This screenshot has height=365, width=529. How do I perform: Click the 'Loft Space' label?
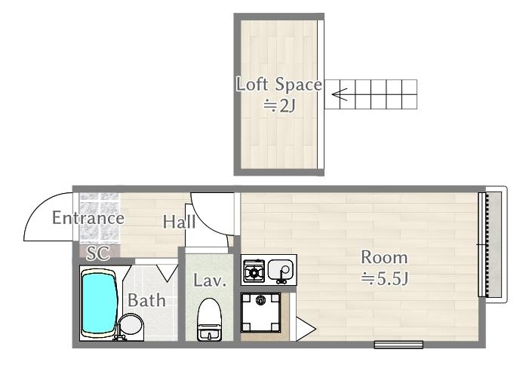278,84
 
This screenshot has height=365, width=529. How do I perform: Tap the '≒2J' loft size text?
280,106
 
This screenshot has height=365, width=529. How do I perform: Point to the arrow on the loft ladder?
340,94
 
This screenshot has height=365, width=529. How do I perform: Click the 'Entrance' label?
88,218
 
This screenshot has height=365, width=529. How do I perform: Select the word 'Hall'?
179,222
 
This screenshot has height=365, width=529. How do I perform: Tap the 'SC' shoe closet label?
98,253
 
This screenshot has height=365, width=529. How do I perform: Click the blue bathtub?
100,304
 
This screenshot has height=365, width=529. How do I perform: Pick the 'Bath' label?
146,300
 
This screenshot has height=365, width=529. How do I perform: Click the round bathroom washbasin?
131,324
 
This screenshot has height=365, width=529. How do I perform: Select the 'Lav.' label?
210,281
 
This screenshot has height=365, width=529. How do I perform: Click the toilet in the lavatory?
209,319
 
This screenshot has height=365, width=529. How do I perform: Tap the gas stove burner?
254,271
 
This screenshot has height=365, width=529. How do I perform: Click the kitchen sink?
281,270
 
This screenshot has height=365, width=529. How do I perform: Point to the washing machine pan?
260,312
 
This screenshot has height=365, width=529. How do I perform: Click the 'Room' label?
384,258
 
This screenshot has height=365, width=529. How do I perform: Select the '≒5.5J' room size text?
385,279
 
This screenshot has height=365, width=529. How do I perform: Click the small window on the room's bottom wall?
398,344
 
